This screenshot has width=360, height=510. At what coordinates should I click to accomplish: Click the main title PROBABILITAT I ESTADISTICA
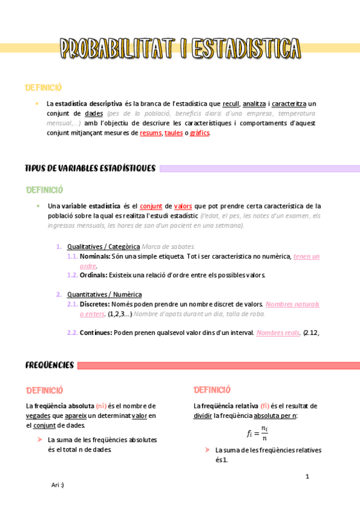pos(181,49)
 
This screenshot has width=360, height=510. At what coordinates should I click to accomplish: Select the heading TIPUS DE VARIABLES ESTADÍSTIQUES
pos(90,168)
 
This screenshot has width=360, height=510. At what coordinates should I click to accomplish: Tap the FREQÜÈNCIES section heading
pos(49,365)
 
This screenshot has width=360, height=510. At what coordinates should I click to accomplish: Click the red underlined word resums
pos(151,133)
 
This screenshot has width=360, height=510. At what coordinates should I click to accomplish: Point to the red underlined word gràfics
pos(200,133)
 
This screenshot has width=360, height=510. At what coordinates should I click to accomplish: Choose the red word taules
pos(174,133)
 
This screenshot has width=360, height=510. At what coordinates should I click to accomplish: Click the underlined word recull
pos(231,103)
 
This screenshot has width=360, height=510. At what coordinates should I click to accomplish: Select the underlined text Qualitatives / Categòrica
pos(103,247)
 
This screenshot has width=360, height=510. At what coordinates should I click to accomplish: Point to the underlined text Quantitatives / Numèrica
pos(105,294)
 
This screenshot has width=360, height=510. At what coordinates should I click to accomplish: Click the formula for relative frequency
pos(257,432)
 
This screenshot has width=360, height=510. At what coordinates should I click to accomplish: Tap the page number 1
pos(307,476)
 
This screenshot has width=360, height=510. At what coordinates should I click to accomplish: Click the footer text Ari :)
pos(58,485)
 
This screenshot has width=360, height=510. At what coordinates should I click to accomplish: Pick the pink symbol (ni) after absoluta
pos(101,405)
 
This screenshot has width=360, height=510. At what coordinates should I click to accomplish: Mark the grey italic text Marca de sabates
pos(168,247)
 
